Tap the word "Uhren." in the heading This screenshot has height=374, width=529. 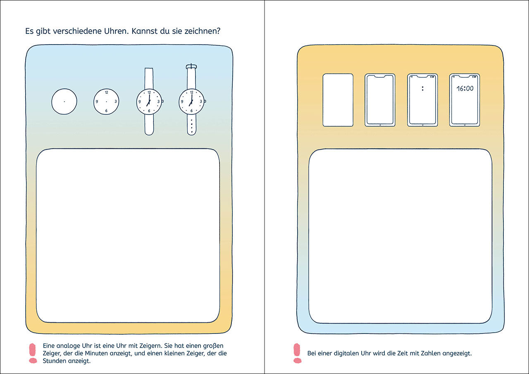point(116,31)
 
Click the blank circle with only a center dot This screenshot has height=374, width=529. point(64,102)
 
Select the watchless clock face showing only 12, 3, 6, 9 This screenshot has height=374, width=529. point(106,102)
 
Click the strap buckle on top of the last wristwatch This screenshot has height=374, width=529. point(191,67)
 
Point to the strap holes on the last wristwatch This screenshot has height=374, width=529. point(191,126)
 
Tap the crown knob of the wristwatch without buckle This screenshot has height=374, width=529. point(163,101)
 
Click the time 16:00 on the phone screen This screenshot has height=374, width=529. point(465,88)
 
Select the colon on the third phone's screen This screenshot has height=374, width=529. point(422,88)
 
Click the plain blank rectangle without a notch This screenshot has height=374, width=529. point(338,100)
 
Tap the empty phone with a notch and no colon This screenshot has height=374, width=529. point(380,100)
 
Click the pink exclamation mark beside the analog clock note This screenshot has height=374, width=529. point(33,353)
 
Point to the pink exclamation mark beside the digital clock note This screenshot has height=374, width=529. point(297,353)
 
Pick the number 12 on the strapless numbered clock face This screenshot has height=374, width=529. point(107,92)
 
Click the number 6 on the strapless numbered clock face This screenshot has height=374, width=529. point(106,111)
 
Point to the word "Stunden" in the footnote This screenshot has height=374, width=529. point(55,361)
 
